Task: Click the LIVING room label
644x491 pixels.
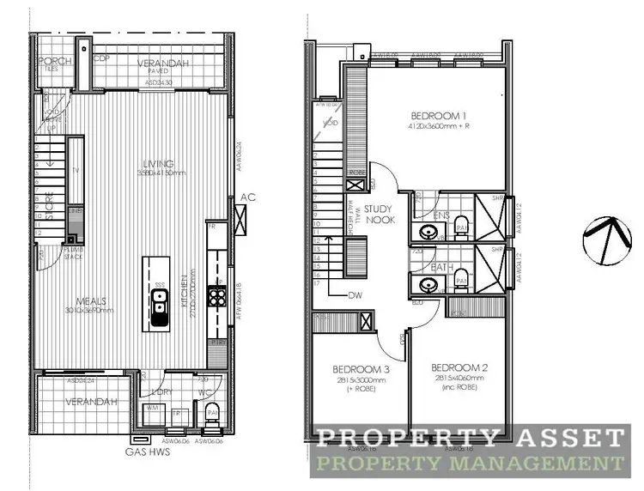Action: tap(160, 164)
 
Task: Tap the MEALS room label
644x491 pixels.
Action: tap(91, 300)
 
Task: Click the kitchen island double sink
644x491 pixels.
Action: tap(159, 308)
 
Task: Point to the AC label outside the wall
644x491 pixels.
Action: tap(248, 196)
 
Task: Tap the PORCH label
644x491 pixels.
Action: tap(48, 61)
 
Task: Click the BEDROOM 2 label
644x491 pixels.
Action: tap(459, 367)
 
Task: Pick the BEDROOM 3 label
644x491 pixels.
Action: tap(361, 369)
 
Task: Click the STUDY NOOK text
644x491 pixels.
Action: tap(378, 214)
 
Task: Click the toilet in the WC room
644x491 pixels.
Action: tap(211, 415)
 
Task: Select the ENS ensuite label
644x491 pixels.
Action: tap(443, 215)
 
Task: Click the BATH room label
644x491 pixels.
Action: tap(442, 267)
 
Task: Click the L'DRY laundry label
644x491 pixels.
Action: tap(162, 392)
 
